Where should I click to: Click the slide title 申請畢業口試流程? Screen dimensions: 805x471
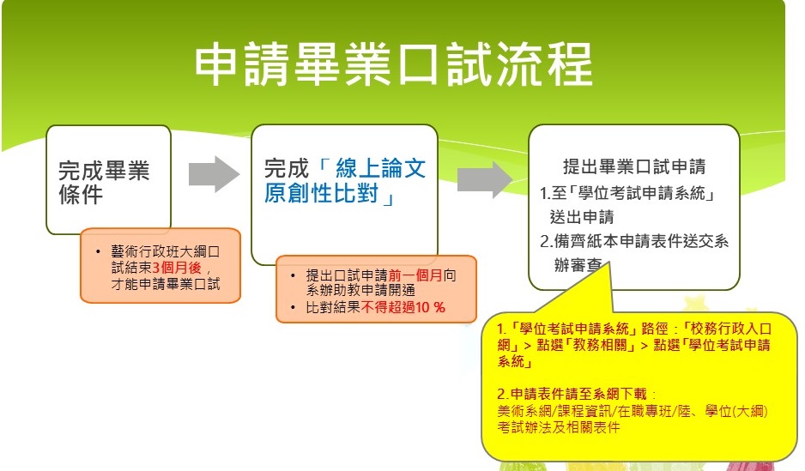click(x=394, y=64)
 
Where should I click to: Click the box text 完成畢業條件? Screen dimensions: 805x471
click(x=104, y=182)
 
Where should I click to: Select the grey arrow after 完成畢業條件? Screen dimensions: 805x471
click(x=214, y=174)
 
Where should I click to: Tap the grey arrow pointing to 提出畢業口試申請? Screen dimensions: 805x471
click(x=485, y=179)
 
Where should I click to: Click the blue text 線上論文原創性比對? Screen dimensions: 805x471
click(x=345, y=181)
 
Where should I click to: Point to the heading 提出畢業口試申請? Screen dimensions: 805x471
click(x=634, y=166)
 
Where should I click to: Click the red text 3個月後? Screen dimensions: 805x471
click(x=177, y=268)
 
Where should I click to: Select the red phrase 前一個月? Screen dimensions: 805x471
click(x=415, y=275)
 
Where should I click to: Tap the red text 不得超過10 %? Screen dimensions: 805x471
click(x=403, y=307)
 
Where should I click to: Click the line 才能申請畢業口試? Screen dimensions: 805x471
click(x=166, y=284)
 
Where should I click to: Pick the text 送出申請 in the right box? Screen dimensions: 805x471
click(x=582, y=217)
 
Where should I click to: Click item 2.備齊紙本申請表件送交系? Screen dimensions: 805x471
click(x=634, y=241)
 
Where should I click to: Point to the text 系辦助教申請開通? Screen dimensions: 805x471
click(x=360, y=290)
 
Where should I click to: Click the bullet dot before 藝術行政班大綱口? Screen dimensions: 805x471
click(x=98, y=252)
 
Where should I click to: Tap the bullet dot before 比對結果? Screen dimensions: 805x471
click(x=293, y=308)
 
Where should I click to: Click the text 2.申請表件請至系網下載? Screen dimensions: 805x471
click(x=572, y=394)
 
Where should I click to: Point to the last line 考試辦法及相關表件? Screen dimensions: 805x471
click(x=558, y=427)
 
